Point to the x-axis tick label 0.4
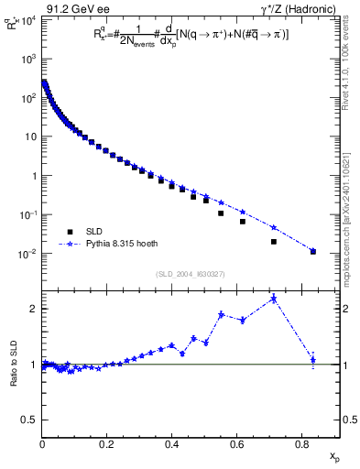coord(171,444)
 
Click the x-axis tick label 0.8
coord(301,444)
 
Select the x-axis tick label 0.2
coord(106,444)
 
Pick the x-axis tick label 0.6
coord(236,444)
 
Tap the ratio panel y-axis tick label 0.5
coord(30,420)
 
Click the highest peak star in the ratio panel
coord(274,299)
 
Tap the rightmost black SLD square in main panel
coord(312,251)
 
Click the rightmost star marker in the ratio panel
coord(312,359)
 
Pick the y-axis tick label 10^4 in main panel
coord(28,19)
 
